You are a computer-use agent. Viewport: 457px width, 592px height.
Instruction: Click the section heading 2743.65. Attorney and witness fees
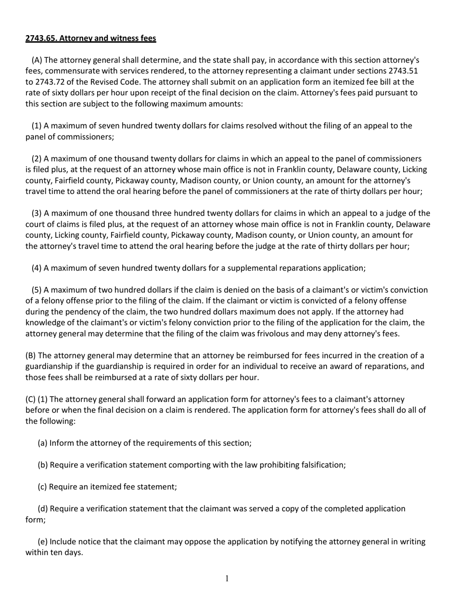[x=90, y=38]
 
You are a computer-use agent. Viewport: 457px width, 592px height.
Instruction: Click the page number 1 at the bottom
[x=227, y=578]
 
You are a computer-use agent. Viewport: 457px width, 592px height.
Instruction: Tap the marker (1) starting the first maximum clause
[x=37, y=126]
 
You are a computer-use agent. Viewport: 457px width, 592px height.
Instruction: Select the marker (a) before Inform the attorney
[x=42, y=443]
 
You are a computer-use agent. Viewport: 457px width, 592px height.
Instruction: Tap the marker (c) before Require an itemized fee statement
[x=42, y=487]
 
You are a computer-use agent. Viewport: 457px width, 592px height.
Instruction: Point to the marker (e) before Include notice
[x=42, y=541]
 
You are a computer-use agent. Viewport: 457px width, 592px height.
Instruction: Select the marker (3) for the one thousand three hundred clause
[x=37, y=213]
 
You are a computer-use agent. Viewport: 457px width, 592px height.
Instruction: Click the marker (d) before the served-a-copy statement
[x=42, y=509]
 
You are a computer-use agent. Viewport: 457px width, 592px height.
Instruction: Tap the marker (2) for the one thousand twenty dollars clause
[x=37, y=159]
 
